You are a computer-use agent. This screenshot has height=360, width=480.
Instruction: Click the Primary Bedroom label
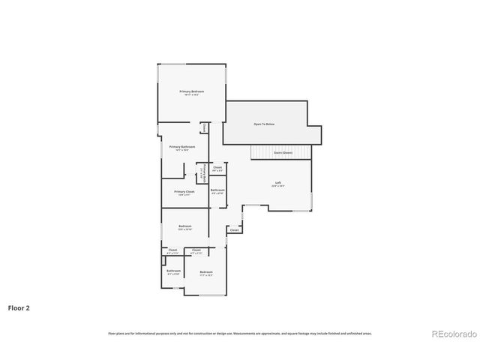click(x=191, y=93)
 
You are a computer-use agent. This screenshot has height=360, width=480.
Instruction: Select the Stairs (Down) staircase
click(x=281, y=152)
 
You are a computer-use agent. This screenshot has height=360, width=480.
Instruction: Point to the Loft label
click(x=277, y=184)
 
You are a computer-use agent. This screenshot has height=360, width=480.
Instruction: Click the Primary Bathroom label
click(x=182, y=148)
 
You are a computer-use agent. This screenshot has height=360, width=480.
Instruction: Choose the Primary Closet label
click(x=184, y=193)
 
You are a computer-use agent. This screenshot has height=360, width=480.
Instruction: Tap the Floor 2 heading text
click(x=19, y=307)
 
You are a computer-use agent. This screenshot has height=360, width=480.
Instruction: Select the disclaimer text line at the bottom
click(x=239, y=333)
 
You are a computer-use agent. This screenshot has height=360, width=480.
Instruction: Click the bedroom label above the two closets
click(x=184, y=227)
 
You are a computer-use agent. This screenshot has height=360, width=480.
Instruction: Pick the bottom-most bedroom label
click(x=206, y=273)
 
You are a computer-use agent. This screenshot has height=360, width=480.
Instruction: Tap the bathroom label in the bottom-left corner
click(x=173, y=271)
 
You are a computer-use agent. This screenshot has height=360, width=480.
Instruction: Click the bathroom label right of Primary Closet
click(x=217, y=191)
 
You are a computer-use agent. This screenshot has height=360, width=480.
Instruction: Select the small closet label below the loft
click(x=234, y=230)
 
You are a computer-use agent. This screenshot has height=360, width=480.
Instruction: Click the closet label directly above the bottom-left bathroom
click(x=172, y=250)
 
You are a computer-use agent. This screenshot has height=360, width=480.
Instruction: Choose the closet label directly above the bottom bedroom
click(x=196, y=250)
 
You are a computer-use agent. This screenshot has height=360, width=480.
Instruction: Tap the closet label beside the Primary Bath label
click(x=217, y=169)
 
